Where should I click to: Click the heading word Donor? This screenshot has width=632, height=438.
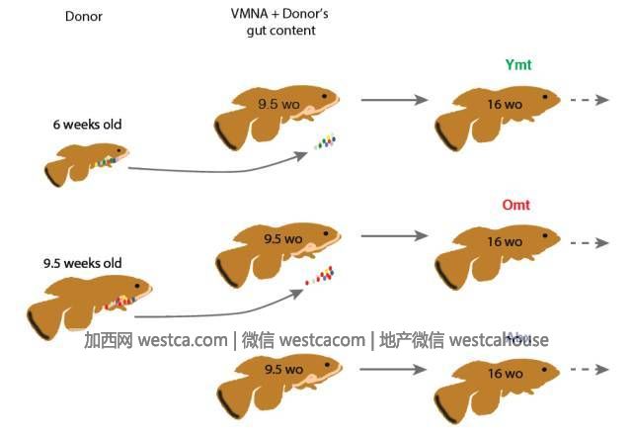[x=84, y=17]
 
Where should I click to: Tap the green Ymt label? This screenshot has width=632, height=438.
[x=518, y=66]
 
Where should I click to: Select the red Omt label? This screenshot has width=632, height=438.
[x=517, y=205]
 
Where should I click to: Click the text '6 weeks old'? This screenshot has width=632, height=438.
[x=88, y=125]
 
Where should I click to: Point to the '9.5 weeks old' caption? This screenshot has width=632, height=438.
[x=82, y=263]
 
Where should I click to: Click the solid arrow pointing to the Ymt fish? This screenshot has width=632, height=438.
[x=393, y=100]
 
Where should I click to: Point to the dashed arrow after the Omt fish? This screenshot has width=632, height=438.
[x=589, y=241]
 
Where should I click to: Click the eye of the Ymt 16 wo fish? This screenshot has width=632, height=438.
[x=543, y=97]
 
